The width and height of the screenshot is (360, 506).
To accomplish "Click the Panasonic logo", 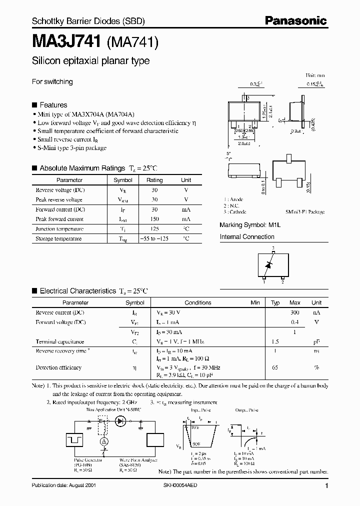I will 295,20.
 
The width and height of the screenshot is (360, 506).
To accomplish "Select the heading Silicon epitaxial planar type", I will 90,61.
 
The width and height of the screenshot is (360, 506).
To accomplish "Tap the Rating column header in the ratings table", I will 154,180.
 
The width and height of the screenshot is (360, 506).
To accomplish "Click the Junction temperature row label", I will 59,229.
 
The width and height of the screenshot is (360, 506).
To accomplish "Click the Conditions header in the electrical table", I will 198,302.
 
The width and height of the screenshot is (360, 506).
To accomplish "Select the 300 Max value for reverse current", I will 295,312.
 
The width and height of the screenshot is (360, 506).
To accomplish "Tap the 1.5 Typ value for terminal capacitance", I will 275,341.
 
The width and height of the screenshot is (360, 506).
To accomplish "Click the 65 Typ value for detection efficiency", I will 275,367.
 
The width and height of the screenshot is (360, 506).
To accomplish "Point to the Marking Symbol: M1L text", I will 250,225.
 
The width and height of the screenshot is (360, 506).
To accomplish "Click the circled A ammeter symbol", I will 104,442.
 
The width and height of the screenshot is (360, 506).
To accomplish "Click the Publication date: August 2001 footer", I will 64,485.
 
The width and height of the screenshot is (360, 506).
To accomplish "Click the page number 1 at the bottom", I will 326,485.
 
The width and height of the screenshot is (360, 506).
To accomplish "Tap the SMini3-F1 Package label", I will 305,212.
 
